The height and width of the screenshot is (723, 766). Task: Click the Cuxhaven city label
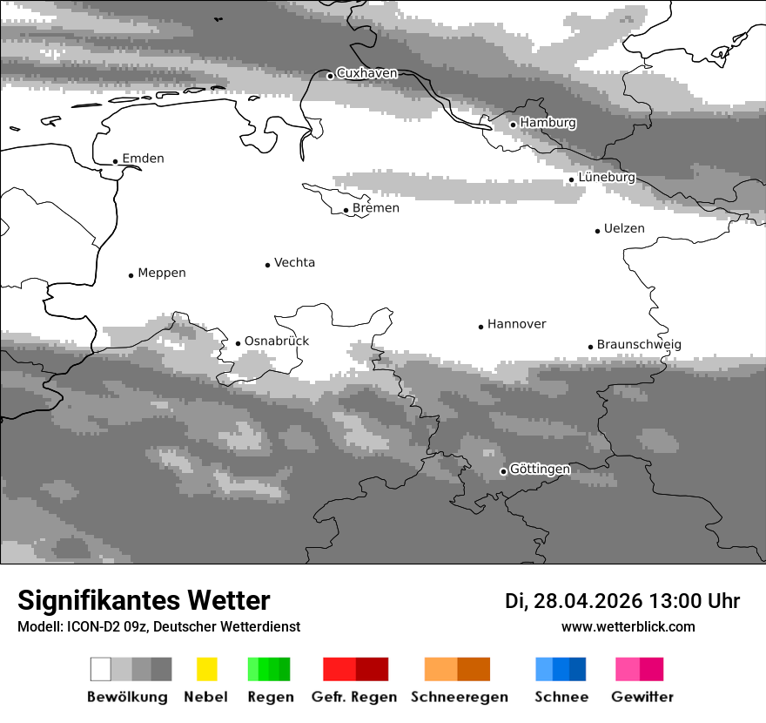(x=366, y=73)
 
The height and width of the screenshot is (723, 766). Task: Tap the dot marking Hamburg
(x=513, y=125)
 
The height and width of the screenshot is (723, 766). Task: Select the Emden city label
(x=143, y=159)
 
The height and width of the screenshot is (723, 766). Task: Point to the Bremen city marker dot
(x=346, y=210)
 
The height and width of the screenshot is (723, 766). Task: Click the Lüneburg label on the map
(x=607, y=178)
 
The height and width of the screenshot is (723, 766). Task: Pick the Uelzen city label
(x=624, y=229)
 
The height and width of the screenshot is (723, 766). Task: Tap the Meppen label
(x=162, y=273)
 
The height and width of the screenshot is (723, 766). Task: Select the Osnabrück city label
(x=277, y=341)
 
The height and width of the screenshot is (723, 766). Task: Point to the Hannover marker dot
(x=480, y=327)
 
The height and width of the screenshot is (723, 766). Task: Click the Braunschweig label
(x=639, y=345)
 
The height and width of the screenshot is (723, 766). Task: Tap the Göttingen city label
(x=540, y=470)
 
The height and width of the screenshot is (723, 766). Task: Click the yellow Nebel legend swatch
(x=206, y=669)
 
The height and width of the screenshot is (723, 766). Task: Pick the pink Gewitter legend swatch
(x=640, y=669)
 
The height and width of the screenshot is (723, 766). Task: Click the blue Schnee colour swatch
(x=561, y=669)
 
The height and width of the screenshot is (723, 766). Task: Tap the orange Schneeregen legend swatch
(x=457, y=669)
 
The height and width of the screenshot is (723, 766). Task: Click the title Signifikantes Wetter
(x=144, y=601)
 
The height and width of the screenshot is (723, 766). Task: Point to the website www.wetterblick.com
(x=628, y=627)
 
